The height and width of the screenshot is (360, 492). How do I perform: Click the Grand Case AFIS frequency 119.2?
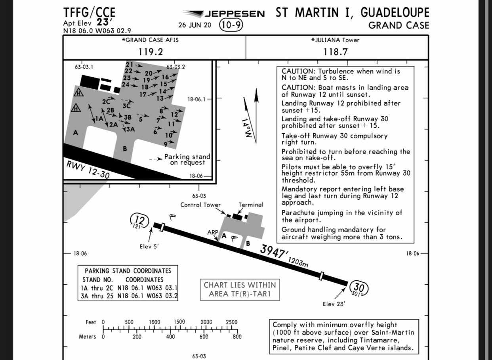[x=151, y=52]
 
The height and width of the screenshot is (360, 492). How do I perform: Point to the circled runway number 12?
[x=139, y=220]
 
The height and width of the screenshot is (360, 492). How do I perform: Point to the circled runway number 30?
[x=358, y=287]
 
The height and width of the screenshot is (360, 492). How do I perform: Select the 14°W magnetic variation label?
[x=247, y=128]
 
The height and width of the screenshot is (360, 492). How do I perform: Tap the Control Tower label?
[x=200, y=205]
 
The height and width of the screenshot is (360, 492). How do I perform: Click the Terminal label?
[x=251, y=205]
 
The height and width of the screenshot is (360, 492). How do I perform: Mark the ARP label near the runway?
[x=213, y=232]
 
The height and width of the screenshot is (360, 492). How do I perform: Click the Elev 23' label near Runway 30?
[x=334, y=304]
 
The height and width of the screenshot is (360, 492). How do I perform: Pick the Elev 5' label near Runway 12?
[x=149, y=247]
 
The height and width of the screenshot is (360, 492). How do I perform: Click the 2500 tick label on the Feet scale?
[x=231, y=322]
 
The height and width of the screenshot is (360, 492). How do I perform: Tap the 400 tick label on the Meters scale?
[x=170, y=337]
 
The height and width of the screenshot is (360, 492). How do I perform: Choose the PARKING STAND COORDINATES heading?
[x=128, y=271]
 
